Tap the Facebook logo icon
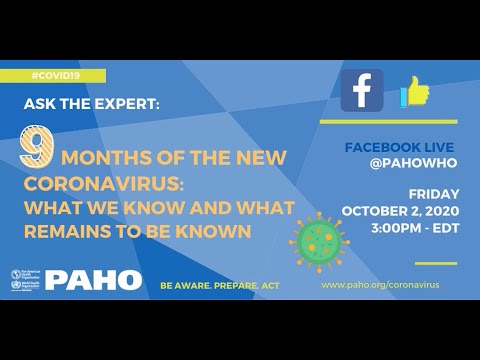tap(361, 91)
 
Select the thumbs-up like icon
tap(414, 93)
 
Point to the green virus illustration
tap(314, 236)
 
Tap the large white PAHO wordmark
tap(93, 280)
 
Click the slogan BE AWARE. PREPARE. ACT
tap(220, 285)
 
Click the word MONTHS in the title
tap(103, 157)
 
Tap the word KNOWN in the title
tap(223, 230)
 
